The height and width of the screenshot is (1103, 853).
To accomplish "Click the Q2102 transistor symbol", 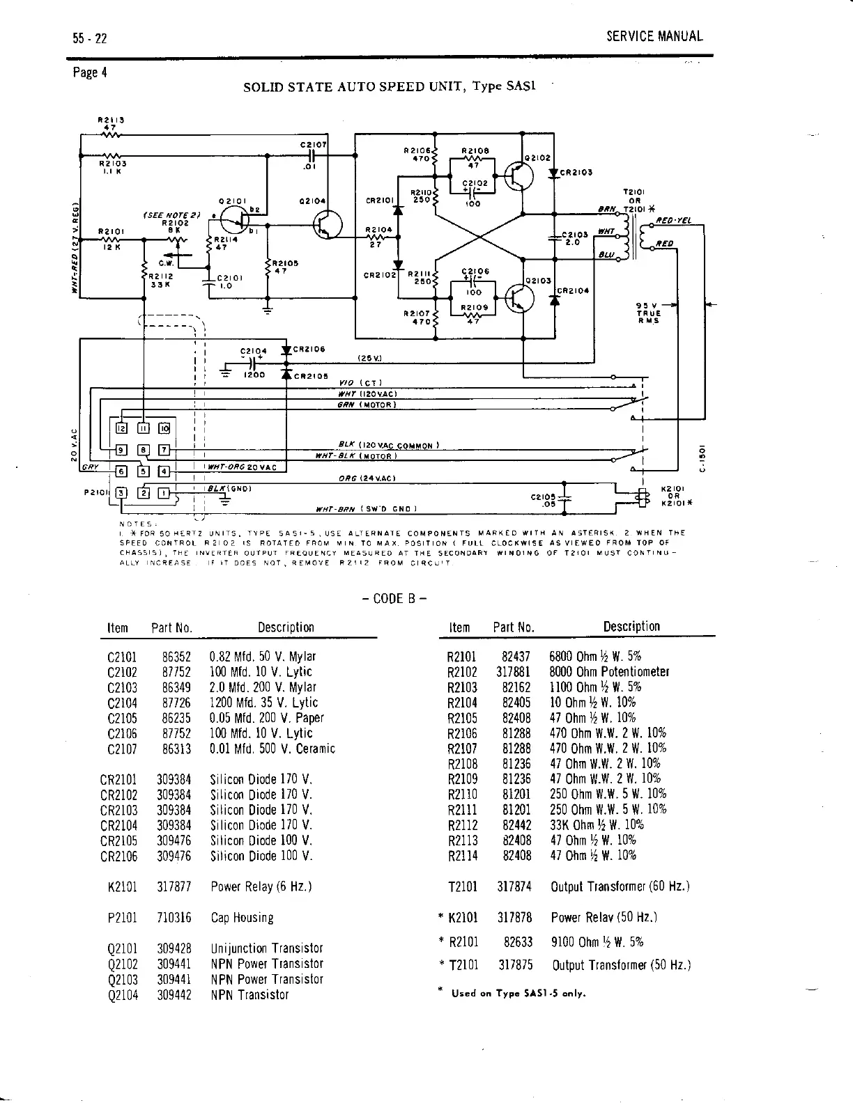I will (519, 177).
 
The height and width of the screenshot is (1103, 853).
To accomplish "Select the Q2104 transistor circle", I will (328, 224).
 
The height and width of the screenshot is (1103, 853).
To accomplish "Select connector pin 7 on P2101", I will (164, 450).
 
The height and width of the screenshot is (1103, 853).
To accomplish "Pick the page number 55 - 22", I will (89, 38).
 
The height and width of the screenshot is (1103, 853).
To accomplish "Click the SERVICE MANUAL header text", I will (654, 37).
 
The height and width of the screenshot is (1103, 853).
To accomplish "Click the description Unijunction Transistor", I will (266, 948).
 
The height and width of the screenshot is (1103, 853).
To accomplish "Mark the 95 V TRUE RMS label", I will (648, 313).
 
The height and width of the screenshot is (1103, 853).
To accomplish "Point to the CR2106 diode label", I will (309, 350).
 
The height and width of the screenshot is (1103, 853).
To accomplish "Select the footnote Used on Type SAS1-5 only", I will (518, 993).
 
